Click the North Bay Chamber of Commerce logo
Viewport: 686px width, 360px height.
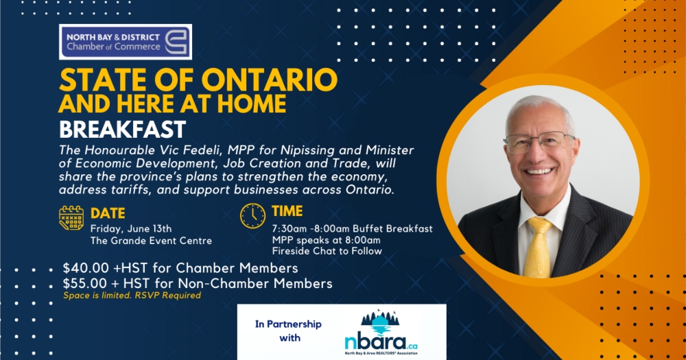coord(126,42)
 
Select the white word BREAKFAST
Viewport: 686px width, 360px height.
coord(123,129)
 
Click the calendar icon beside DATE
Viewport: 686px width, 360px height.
coord(71,218)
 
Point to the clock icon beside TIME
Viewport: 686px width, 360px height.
coord(252,215)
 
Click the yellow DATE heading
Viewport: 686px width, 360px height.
coord(108,213)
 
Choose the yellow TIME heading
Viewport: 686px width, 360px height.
coord(287,211)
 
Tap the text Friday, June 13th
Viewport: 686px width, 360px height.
coord(131,229)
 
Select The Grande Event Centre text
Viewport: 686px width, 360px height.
coord(151,241)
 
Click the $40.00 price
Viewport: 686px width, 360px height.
coord(85,267)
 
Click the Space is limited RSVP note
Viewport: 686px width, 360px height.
coord(132,296)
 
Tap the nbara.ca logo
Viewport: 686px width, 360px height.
coord(381,333)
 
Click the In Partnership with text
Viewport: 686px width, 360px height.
coord(288,331)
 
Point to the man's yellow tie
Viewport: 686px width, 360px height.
coord(538,247)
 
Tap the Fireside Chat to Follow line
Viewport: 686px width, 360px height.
coord(327,251)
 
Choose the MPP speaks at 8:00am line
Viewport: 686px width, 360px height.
coord(326,240)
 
